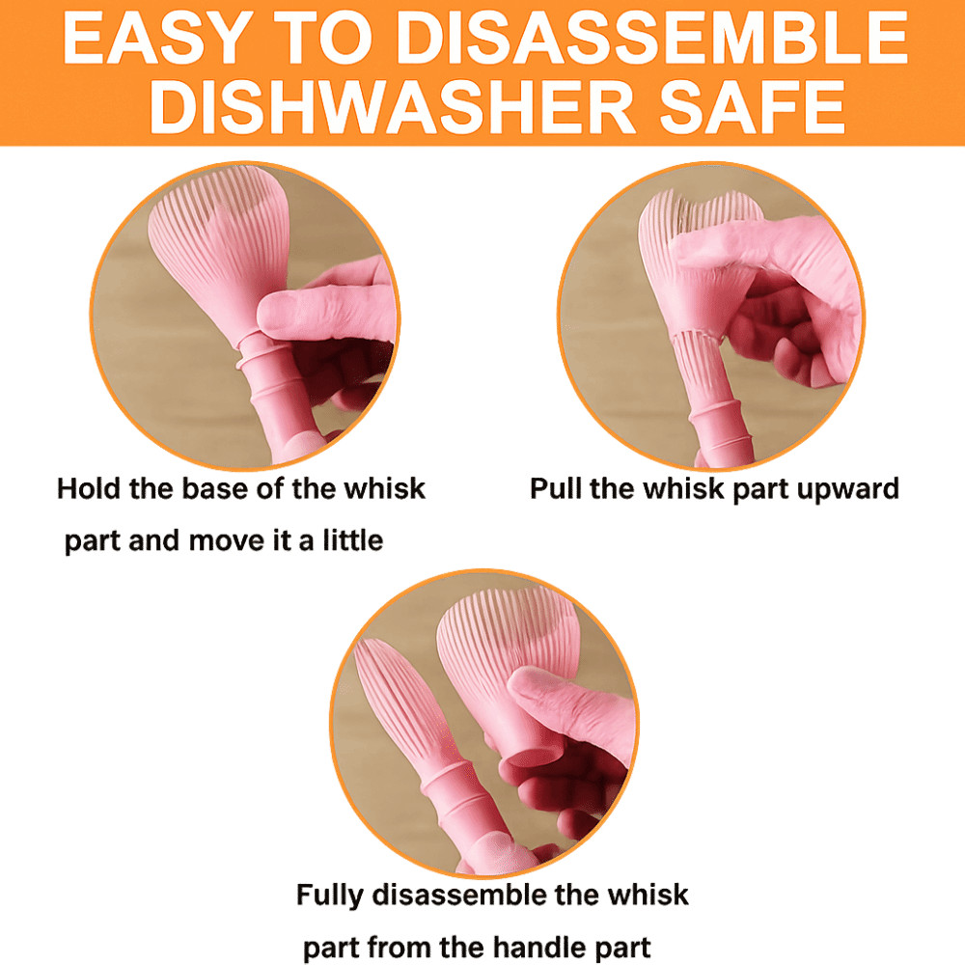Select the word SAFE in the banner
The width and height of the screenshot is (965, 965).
pyautogui.click(x=752, y=107)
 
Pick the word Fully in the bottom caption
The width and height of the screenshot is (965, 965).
pyautogui.click(x=330, y=896)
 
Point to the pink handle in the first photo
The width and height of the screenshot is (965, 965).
pyautogui.click(x=277, y=400)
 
